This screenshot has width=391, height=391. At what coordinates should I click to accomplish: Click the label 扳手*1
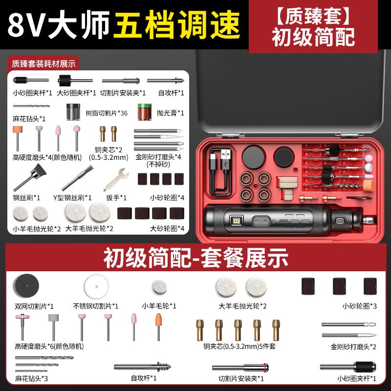pyautogui.click(x=116, y=198)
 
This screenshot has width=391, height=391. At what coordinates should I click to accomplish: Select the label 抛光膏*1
pyautogui.click(x=171, y=113)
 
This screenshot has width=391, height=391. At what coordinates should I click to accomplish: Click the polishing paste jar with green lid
pyautogui.click(x=145, y=112)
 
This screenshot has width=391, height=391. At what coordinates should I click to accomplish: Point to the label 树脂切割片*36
pyautogui.click(x=107, y=113)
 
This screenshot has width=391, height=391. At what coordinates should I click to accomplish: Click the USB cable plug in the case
pyautogui.click(x=225, y=159)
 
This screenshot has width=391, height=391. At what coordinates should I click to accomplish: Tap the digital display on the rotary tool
pyautogui.click(x=236, y=221)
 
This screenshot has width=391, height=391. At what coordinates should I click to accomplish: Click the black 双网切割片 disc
pyautogui.click(x=26, y=286)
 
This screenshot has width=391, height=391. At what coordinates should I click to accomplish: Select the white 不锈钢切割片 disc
pyautogui.click(x=96, y=286)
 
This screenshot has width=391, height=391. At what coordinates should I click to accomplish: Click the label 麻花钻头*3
pyautogui.click(x=31, y=378)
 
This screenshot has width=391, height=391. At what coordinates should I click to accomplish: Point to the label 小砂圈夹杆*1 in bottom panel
pyautogui.click(x=357, y=378)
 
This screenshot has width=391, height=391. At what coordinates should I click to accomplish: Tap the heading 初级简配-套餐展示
pyautogui.click(x=196, y=258)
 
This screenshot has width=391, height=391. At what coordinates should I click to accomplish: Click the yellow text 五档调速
pyautogui.click(x=177, y=25)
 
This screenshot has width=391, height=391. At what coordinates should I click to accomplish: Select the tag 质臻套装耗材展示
pyautogui.click(x=43, y=64)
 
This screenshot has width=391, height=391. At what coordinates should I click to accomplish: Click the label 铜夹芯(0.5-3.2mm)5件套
pyautogui.click(x=239, y=347)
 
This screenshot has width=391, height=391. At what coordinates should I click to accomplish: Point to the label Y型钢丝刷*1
pyautogui.click(x=72, y=198)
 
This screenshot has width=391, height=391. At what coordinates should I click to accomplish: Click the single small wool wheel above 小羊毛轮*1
pyautogui.click(x=159, y=287)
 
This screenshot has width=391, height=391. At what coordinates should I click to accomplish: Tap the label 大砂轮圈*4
pyautogui.click(x=167, y=228)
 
